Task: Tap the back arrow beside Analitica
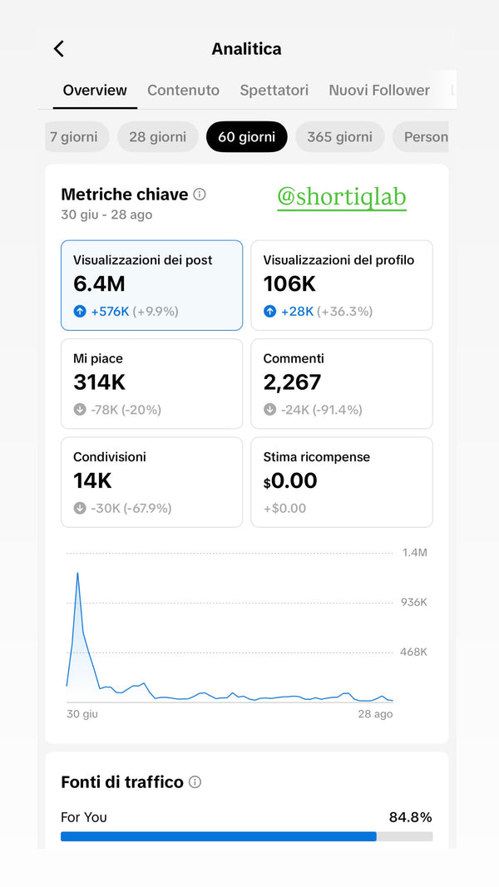tap(58, 49)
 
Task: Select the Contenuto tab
tap(183, 90)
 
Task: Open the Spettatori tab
tap(274, 90)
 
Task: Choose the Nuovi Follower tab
tap(379, 90)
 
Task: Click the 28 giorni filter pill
tap(157, 136)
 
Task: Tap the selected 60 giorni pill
tap(246, 136)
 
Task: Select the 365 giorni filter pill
tap(340, 136)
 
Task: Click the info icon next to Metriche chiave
tap(200, 195)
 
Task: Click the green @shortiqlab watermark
tap(342, 197)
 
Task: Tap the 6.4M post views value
tap(99, 284)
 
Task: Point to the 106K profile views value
tap(289, 284)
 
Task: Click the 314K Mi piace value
tap(100, 382)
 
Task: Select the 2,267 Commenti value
tap(292, 382)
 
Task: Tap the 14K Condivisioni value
tap(92, 480)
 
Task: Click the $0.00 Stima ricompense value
tap(290, 480)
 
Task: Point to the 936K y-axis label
tap(413, 602)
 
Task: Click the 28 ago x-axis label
tap(375, 714)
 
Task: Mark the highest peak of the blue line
tap(77, 573)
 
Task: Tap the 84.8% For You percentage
tap(410, 817)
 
